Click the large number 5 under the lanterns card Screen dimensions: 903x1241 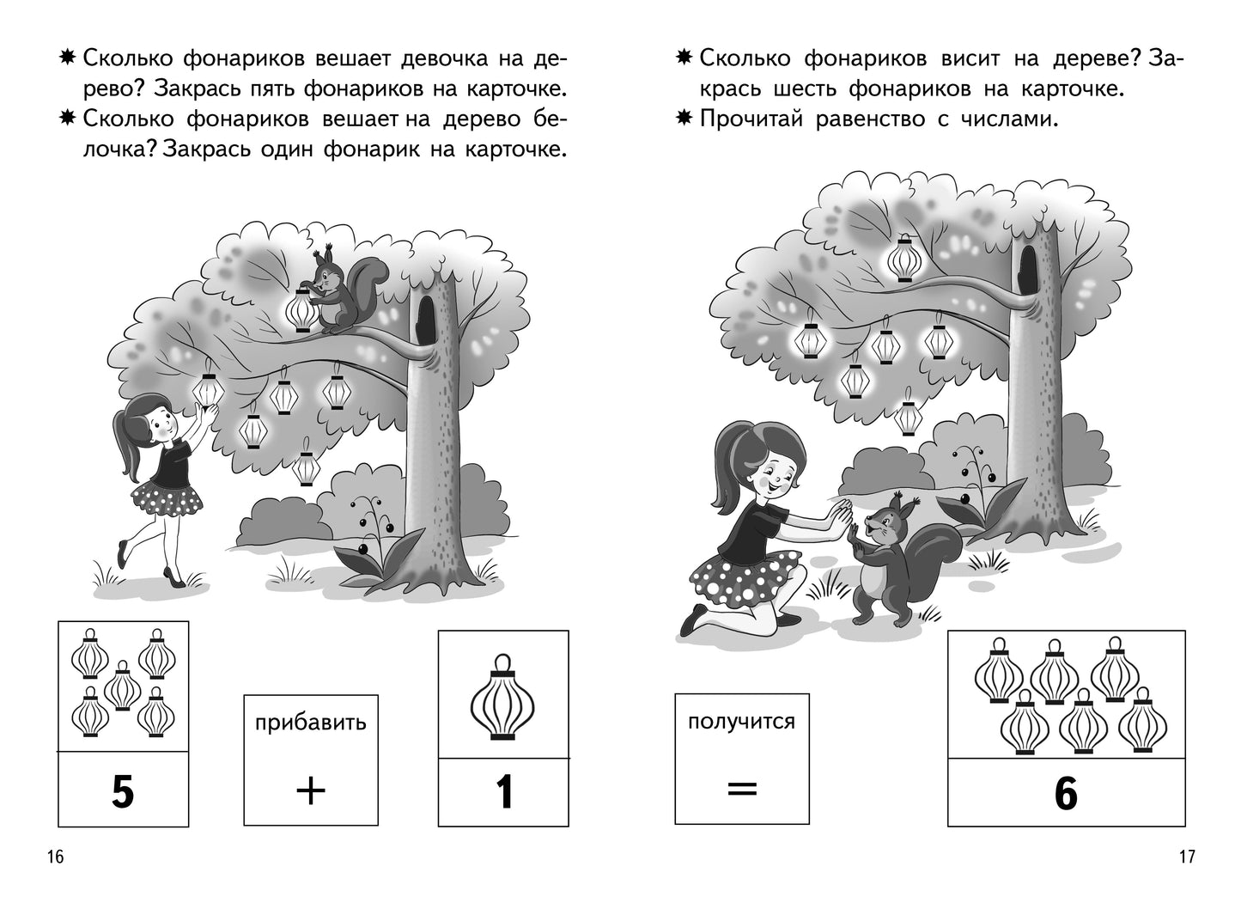click(x=123, y=791)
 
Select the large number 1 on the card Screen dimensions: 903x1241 click(x=504, y=791)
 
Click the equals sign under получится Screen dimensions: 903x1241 click(x=741, y=788)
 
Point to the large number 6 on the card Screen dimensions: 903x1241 click(x=1065, y=793)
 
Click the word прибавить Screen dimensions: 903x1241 click(x=310, y=722)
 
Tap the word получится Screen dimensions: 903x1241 click(x=741, y=720)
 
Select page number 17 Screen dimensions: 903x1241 click(x=1187, y=857)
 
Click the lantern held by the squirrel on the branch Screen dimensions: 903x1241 click(x=301, y=311)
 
